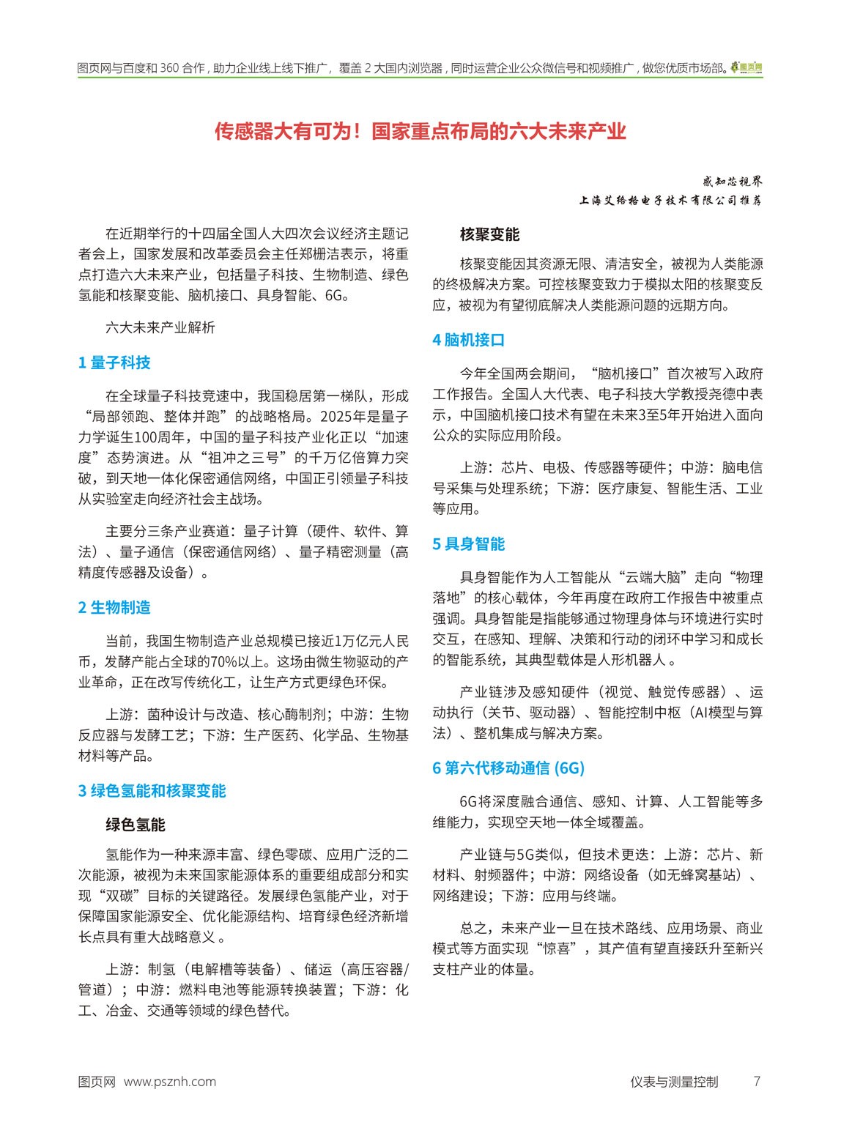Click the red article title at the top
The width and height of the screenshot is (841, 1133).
(x=420, y=132)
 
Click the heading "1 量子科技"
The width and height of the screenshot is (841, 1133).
(x=114, y=363)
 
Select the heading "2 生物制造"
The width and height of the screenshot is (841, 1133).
(x=114, y=608)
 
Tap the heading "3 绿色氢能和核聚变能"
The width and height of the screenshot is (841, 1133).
(x=152, y=791)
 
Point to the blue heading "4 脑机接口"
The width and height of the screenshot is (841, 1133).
(x=468, y=341)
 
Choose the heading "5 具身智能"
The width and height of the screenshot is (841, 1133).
(x=468, y=544)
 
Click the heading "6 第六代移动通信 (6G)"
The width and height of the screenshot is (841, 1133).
(x=508, y=768)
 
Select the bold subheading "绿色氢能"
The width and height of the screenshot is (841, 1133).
(x=136, y=825)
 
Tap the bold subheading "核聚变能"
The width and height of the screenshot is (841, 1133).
(x=489, y=235)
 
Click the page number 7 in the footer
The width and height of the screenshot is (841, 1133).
(x=757, y=1082)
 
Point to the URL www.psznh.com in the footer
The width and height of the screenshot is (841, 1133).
(x=170, y=1082)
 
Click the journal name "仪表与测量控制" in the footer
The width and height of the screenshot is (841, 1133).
(x=674, y=1082)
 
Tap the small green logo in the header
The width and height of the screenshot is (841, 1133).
(x=747, y=68)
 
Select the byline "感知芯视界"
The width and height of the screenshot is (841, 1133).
(x=732, y=181)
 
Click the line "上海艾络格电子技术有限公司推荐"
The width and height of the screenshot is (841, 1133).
(x=670, y=200)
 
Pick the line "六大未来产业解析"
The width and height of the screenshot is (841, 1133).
(x=160, y=328)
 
